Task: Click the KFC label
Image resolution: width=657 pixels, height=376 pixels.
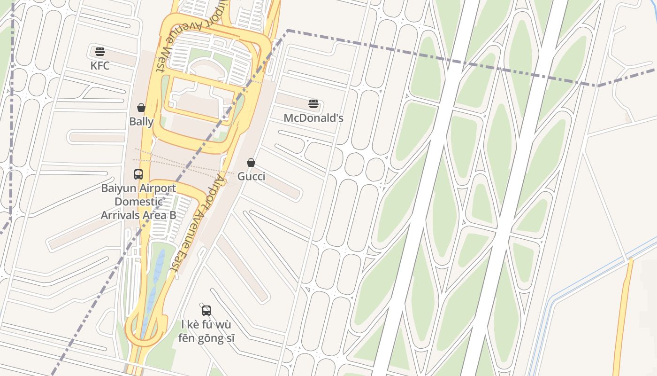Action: click(100, 66)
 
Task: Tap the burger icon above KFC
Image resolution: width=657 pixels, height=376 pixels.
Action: click(100, 52)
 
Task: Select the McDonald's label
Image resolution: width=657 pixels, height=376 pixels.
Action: click(313, 118)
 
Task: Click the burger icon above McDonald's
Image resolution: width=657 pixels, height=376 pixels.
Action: click(313, 104)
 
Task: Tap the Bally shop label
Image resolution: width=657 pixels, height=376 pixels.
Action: click(141, 122)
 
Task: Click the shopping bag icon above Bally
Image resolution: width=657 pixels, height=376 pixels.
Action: click(141, 108)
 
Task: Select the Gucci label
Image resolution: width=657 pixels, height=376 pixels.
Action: click(251, 177)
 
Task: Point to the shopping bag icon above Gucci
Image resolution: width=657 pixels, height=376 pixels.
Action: click(251, 163)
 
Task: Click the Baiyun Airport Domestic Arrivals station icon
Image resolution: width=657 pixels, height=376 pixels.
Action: click(138, 174)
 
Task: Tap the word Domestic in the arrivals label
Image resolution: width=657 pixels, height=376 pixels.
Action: click(139, 202)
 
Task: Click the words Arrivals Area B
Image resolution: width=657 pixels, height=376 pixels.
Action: click(139, 215)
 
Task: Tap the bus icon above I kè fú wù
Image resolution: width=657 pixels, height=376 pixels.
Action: click(206, 311)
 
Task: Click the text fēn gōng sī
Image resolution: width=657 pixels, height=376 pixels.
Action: click(206, 338)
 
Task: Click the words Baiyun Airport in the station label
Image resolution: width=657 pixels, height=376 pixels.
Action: click(139, 188)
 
